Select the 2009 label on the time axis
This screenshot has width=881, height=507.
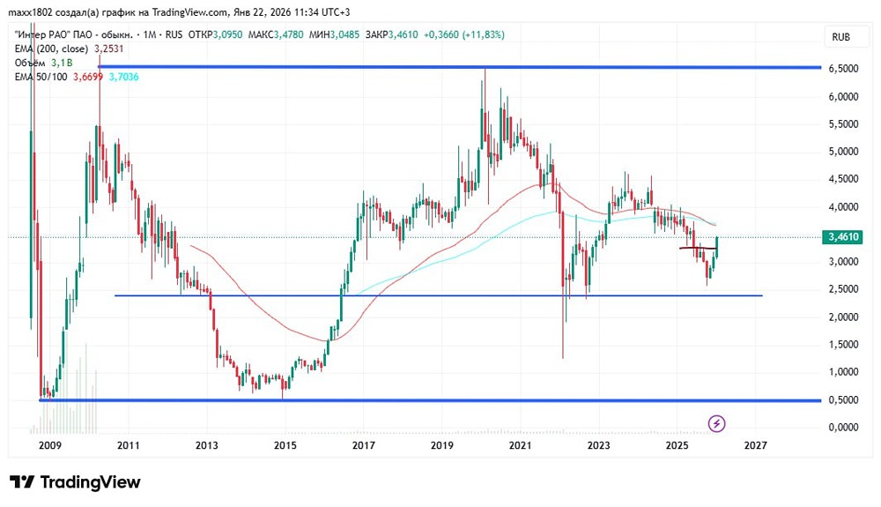[x=51, y=446]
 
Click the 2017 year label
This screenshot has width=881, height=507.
[x=363, y=446]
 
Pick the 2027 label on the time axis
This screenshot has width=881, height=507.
[x=755, y=446]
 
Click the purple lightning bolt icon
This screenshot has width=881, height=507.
[x=717, y=424]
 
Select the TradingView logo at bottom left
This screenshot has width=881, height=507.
[x=75, y=482]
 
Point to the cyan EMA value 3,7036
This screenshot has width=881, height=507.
[x=122, y=78]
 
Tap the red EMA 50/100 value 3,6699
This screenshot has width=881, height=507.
[x=85, y=78]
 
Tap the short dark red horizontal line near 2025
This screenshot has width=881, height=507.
[x=697, y=249]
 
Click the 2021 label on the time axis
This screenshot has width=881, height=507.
[x=521, y=446]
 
